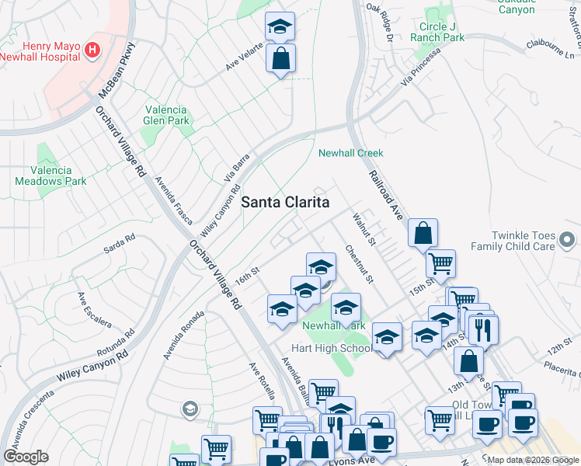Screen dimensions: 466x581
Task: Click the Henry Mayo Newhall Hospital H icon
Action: [x=93, y=50]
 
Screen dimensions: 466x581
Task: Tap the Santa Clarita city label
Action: [x=285, y=202]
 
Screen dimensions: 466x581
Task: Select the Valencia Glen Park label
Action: [x=166, y=115]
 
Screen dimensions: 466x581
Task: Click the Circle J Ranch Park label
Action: [x=442, y=32]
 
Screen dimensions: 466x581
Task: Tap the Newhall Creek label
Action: [x=350, y=153]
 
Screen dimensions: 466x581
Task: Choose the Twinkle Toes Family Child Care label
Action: [x=534, y=241]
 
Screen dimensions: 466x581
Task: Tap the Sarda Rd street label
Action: [x=120, y=245]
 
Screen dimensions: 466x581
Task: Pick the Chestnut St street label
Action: [x=360, y=264]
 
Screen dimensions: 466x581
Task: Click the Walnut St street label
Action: [x=364, y=229]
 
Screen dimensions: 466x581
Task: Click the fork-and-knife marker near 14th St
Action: [x=483, y=329]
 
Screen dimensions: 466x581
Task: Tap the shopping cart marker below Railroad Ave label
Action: [x=440, y=264]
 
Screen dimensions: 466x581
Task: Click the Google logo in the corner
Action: [x=26, y=457]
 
